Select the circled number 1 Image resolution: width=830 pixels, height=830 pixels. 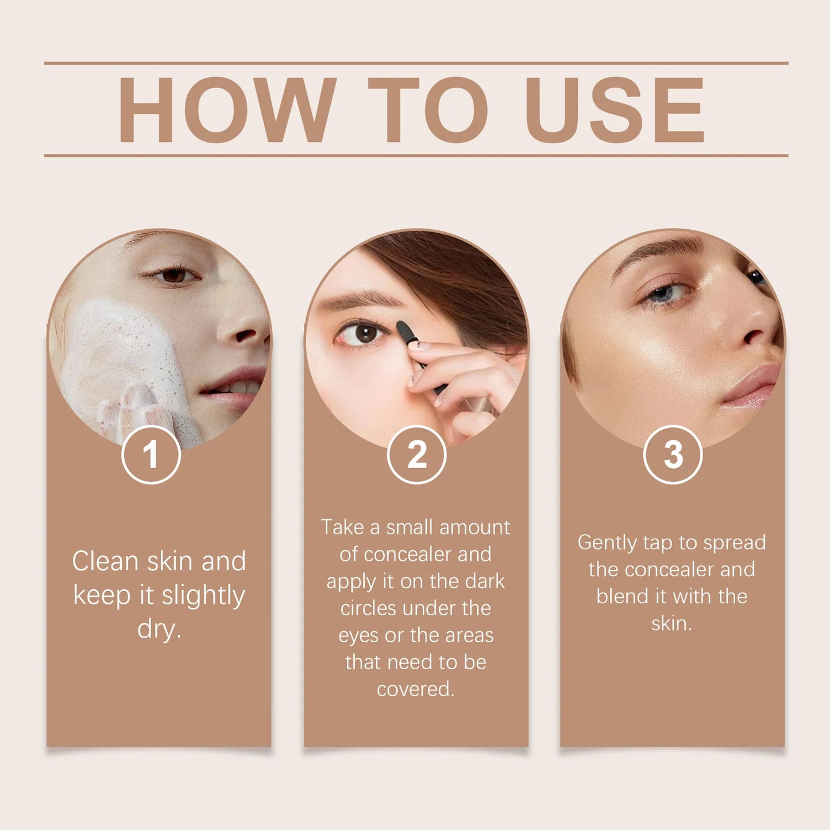(x=151, y=455)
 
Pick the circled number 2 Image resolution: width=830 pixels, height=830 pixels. (x=416, y=455)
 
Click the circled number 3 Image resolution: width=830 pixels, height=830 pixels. (x=673, y=455)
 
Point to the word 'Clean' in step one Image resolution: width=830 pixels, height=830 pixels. (x=105, y=561)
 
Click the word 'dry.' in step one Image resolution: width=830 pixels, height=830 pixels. (x=159, y=629)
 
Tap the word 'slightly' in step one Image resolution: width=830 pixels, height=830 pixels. (x=203, y=596)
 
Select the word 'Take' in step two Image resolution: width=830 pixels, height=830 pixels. (x=342, y=527)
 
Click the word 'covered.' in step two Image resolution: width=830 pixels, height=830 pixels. (x=415, y=689)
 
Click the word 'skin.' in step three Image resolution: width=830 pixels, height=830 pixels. (x=671, y=623)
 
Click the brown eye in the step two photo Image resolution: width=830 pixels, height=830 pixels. (x=364, y=333)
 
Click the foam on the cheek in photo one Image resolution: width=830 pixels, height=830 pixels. (x=118, y=356)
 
